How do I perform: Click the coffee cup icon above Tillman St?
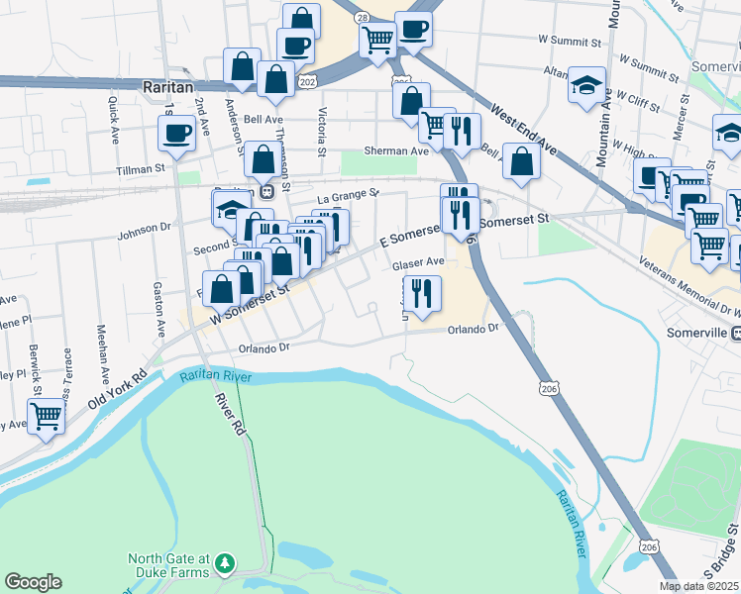(177, 133)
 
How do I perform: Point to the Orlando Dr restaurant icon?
(422, 292)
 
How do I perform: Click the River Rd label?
(229, 414)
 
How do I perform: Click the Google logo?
(34, 582)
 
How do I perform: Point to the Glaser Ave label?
(417, 263)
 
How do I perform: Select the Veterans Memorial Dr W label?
(694, 281)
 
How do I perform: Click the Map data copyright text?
(699, 586)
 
